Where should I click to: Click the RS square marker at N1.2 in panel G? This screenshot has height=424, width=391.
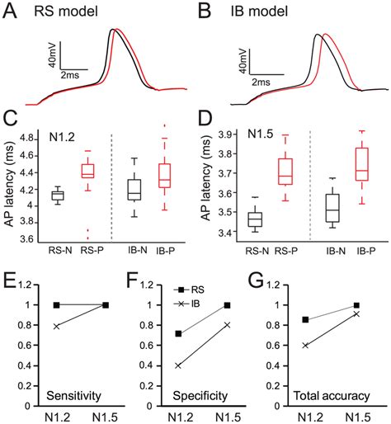(x=305, y=319)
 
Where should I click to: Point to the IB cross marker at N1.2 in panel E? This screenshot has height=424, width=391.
(x=57, y=327)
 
